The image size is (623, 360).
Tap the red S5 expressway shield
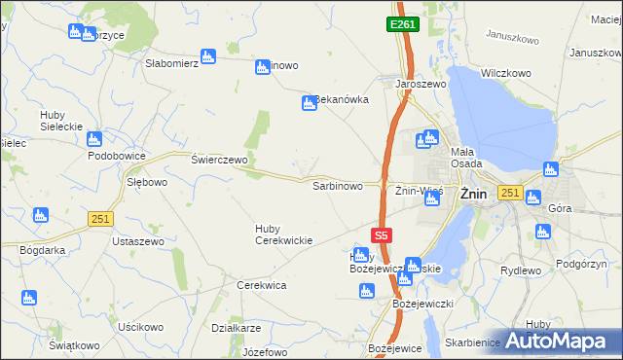click(383, 234)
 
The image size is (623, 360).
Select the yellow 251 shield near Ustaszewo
click(99, 219)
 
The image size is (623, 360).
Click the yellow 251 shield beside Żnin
click(508, 193)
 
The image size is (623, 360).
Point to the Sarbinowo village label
click(337, 185)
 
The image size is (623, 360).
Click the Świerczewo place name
click(219, 160)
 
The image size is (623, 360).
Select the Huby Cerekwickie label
click(283, 234)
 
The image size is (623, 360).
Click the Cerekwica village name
click(261, 285)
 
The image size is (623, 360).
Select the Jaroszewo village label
click(420, 85)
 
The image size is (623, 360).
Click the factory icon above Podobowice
click(94, 139)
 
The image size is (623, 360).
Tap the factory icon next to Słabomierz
click(207, 56)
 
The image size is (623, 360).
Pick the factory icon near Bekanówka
click(309, 103)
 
